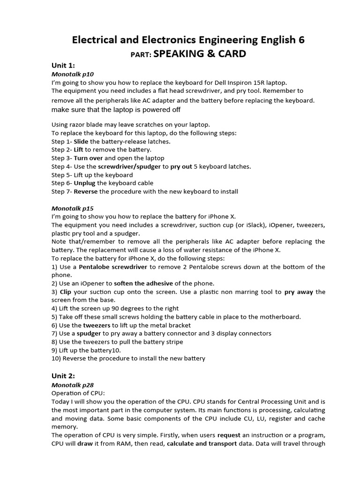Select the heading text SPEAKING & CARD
200,54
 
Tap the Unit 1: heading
63,66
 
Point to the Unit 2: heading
63,376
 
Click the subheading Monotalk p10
72,74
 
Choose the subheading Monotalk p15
72,208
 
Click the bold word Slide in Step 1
81,141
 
